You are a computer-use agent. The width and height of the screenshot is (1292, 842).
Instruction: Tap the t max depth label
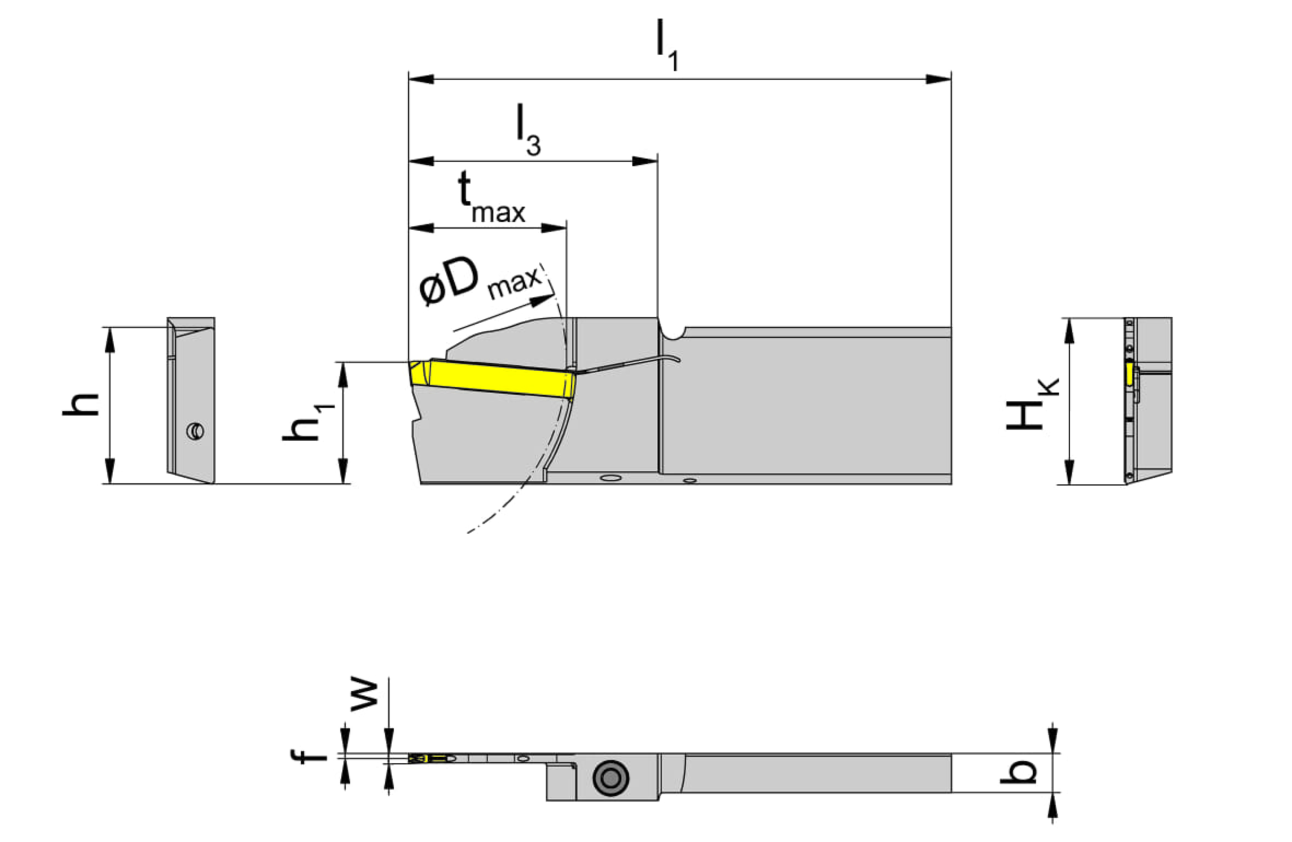pos(490,198)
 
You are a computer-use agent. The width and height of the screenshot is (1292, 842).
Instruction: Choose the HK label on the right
pos(1031,404)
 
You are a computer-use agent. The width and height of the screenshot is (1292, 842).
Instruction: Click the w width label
pos(364,695)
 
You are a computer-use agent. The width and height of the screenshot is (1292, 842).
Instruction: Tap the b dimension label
pos(1018,771)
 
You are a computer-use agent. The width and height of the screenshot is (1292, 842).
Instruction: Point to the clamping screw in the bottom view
pos(610,777)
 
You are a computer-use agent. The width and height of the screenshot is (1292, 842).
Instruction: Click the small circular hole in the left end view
pos(195,431)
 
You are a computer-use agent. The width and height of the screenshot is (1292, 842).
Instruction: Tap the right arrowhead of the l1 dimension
pos(939,79)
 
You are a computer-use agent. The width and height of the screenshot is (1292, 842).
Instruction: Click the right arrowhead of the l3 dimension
pos(645,161)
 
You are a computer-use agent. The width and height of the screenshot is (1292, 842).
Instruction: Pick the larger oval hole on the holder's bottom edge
pos(610,478)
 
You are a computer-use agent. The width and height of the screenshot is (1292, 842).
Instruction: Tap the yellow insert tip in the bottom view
pos(417,758)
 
